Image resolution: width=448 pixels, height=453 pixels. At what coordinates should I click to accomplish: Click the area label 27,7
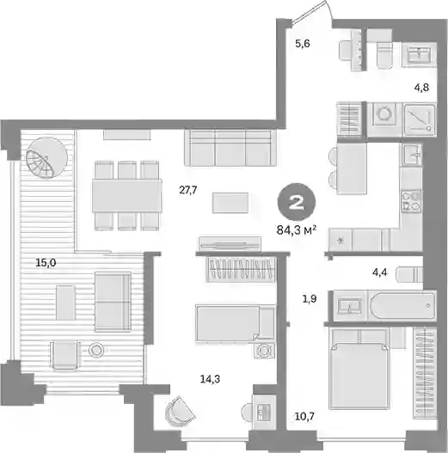[187, 190]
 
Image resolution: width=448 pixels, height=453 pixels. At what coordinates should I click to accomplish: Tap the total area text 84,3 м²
[297, 230]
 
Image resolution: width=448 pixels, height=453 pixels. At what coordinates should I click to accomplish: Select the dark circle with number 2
[297, 202]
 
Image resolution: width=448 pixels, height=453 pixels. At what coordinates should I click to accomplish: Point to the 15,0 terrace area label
[46, 263]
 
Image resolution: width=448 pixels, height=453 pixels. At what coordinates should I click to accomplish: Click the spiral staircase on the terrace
[46, 158]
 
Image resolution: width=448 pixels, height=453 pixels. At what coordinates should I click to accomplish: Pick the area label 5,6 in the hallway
[303, 44]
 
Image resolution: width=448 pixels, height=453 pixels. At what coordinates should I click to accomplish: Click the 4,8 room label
[421, 87]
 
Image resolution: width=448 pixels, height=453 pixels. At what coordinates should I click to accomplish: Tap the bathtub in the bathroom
[402, 306]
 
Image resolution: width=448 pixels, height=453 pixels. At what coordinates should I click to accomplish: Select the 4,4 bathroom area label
[380, 272]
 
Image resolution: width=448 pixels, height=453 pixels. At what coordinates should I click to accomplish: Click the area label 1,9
[310, 298]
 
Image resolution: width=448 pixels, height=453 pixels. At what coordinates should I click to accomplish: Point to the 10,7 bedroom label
[304, 416]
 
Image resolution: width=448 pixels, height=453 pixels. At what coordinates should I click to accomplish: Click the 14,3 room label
[210, 379]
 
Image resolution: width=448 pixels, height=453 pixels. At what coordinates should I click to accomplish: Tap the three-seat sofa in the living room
[230, 148]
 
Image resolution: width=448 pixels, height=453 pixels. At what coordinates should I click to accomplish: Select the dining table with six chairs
[127, 196]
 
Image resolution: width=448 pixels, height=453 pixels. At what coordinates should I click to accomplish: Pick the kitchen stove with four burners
[411, 201]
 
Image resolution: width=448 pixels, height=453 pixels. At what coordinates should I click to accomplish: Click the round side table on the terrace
[95, 351]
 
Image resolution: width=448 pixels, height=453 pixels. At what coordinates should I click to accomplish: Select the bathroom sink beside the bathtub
[350, 306]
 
